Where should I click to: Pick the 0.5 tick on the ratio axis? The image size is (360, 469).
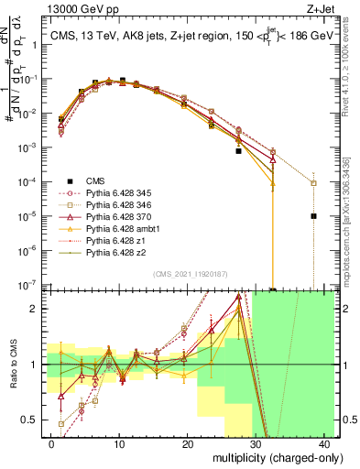point(29,420)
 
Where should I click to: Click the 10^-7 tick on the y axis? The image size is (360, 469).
point(26,285)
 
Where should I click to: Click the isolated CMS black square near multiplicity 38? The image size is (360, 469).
point(313,216)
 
